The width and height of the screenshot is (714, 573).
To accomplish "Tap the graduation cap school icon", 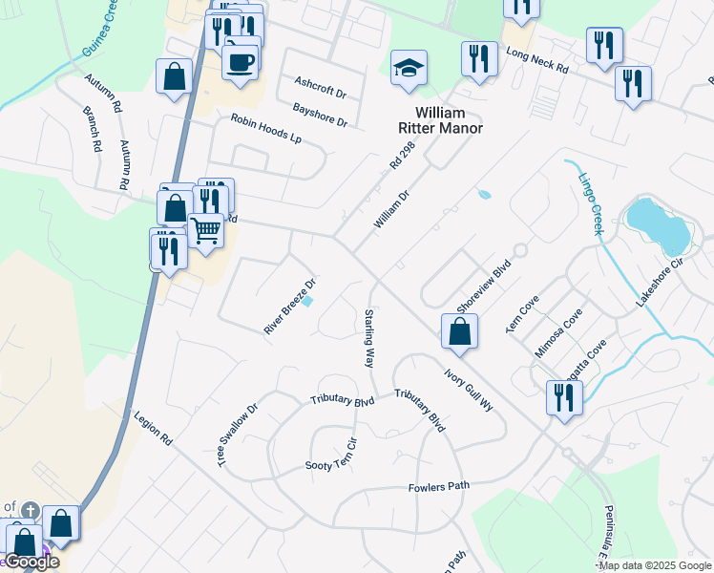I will pos(409,68).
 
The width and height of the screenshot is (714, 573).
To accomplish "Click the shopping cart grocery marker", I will pos(206,231).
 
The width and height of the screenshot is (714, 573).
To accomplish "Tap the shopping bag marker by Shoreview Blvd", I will pos(459,331).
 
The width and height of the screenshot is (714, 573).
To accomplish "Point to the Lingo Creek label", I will pos(593,195).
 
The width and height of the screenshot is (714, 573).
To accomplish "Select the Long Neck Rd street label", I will pos(536,62).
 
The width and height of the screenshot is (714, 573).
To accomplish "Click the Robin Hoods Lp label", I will pos(265,129).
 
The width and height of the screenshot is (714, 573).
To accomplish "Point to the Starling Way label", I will pos(368,338).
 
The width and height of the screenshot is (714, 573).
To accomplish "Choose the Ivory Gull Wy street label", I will pos(468,390).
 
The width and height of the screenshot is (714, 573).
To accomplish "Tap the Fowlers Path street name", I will pos(439,486).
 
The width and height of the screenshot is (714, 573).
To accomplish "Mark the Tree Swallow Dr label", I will pos(238,435).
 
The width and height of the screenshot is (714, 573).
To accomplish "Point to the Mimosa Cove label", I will pos(558,332).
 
